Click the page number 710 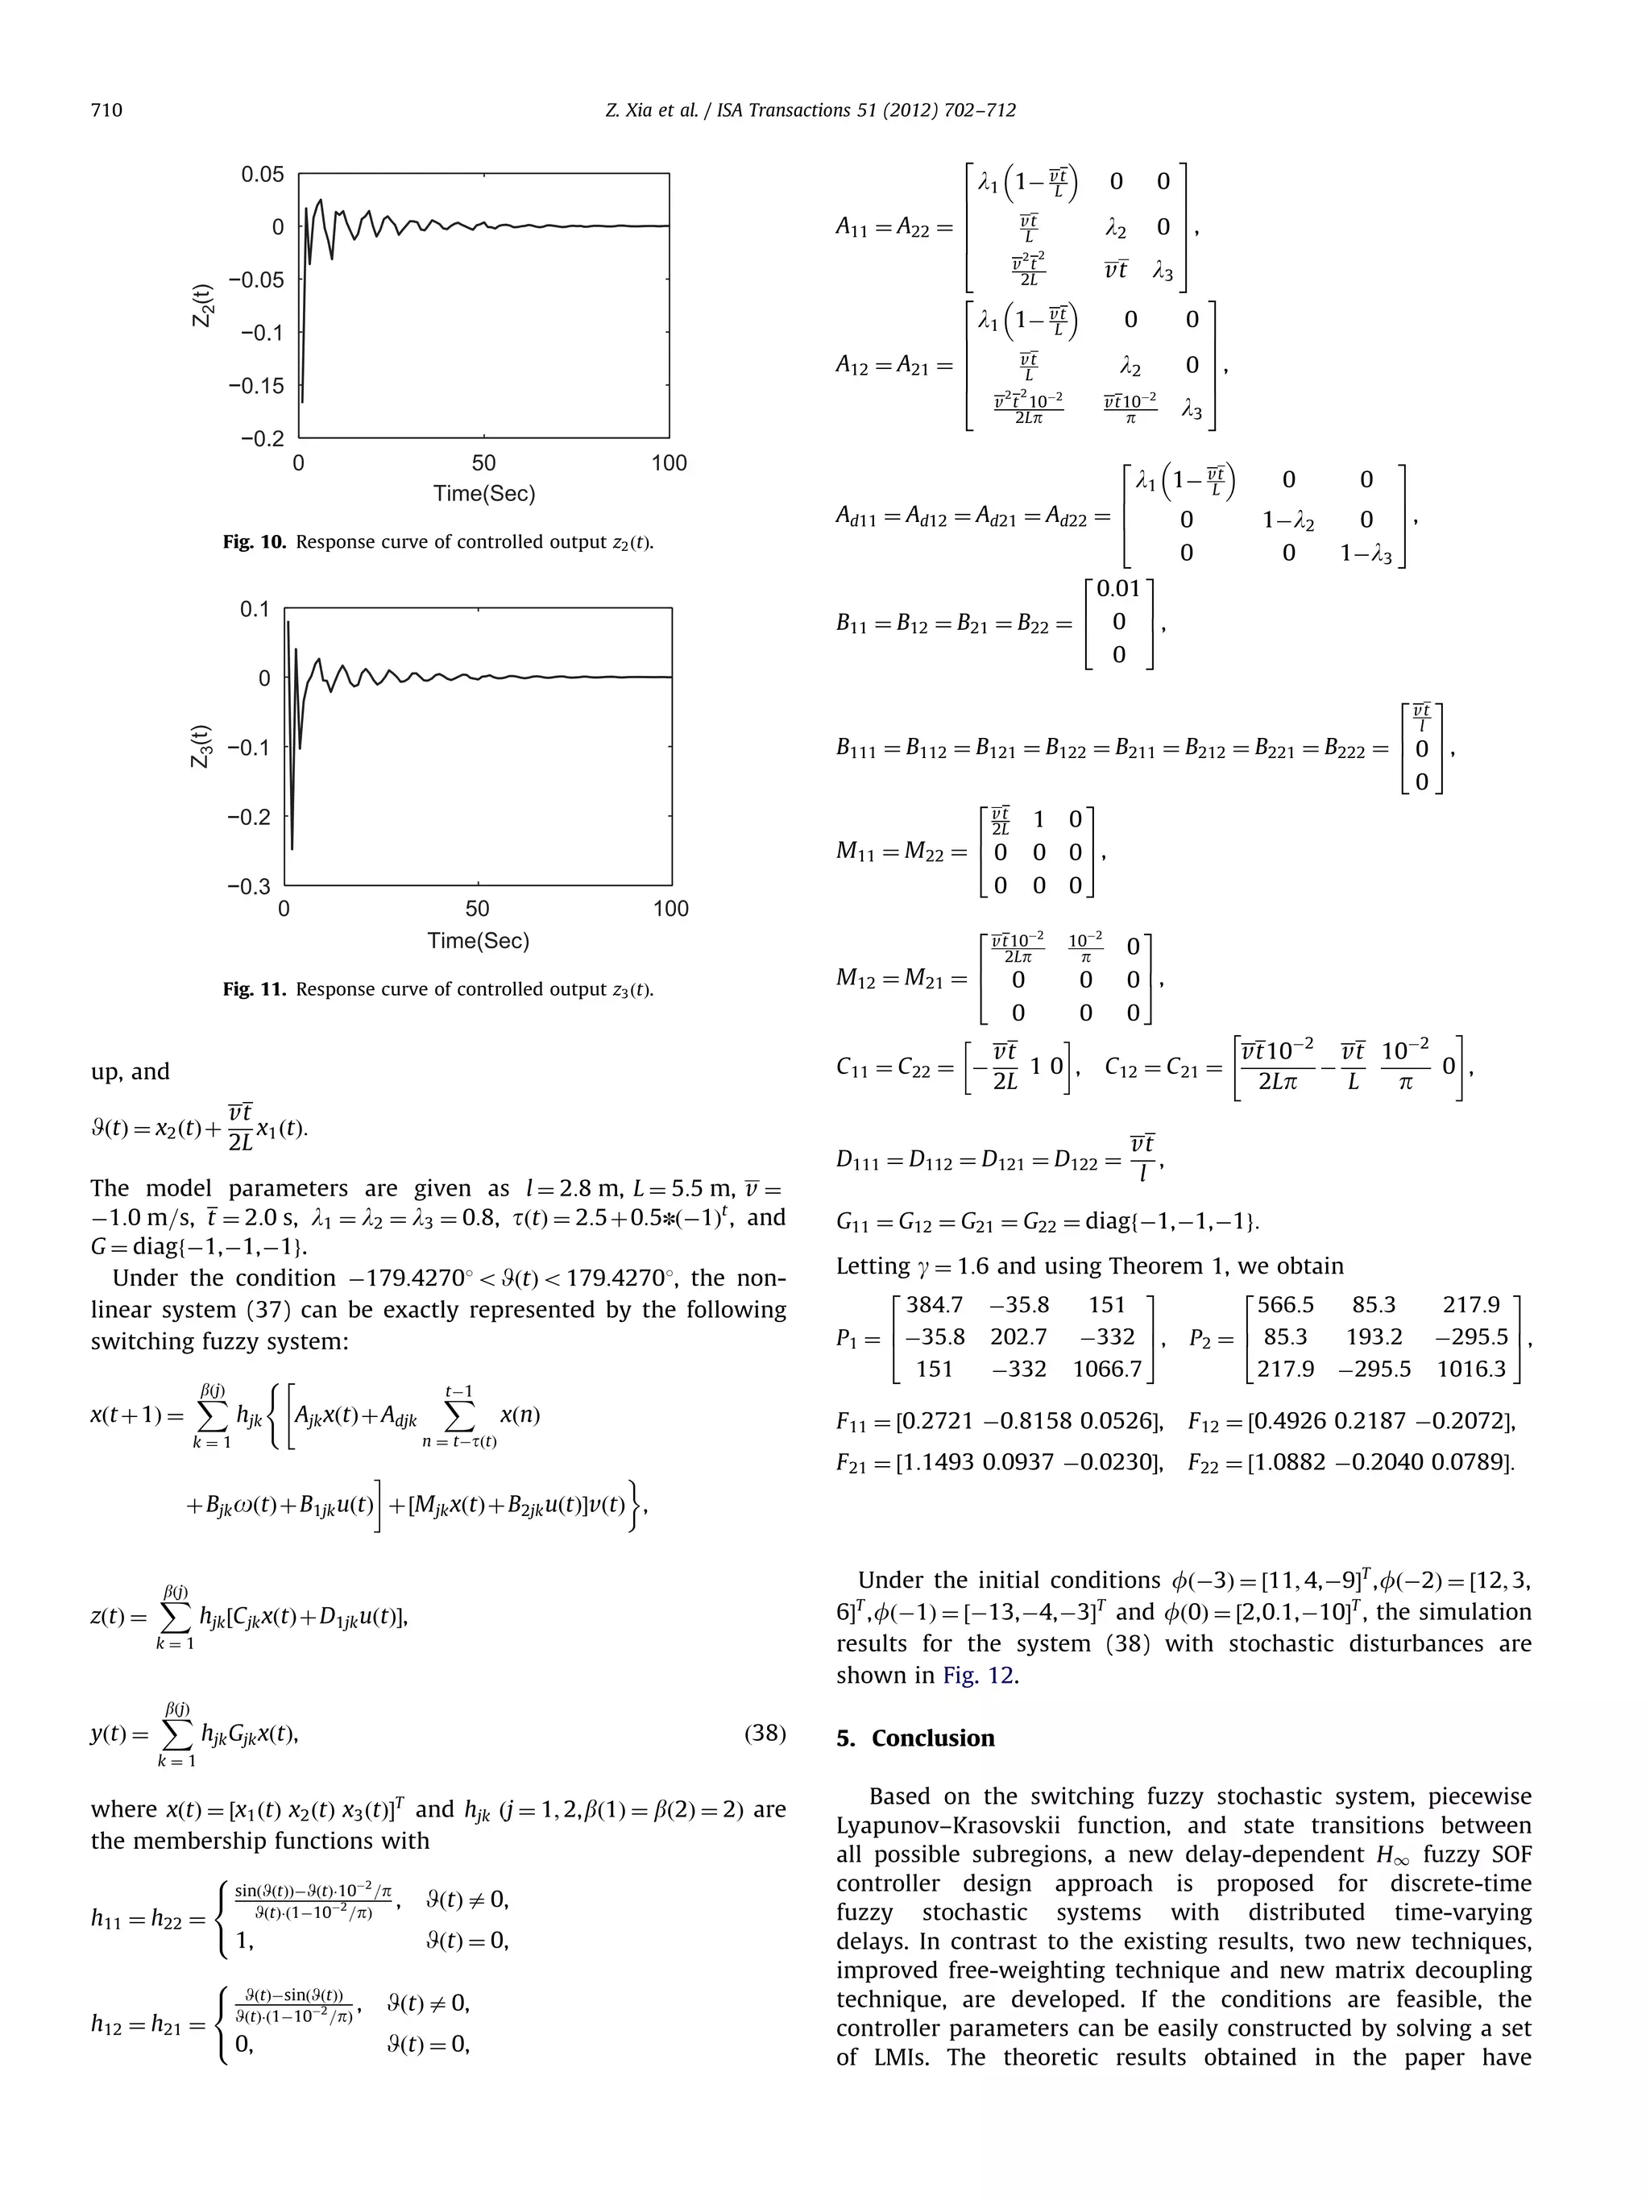pyautogui.click(x=106, y=110)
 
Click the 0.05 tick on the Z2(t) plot pyautogui.click(x=263, y=175)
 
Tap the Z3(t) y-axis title pyautogui.click(x=202, y=746)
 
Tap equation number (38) pyautogui.click(x=764, y=1734)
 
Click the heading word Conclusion pyautogui.click(x=932, y=1738)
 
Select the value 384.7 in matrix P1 pyautogui.click(x=934, y=1305)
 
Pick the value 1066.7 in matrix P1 pyautogui.click(x=1106, y=1369)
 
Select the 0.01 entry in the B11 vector pyautogui.click(x=1118, y=589)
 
